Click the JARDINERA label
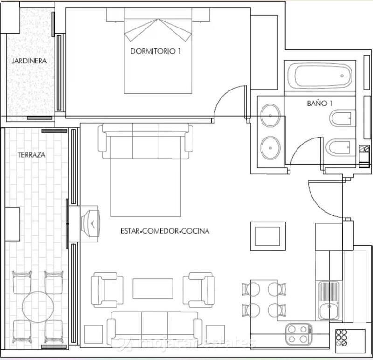[x=29, y=61]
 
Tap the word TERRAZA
[x=31, y=155]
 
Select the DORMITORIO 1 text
[x=155, y=51]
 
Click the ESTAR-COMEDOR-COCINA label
[x=165, y=231]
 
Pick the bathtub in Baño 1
[x=319, y=76]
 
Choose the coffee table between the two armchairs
[x=153, y=288]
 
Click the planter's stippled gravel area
[x=29, y=89]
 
